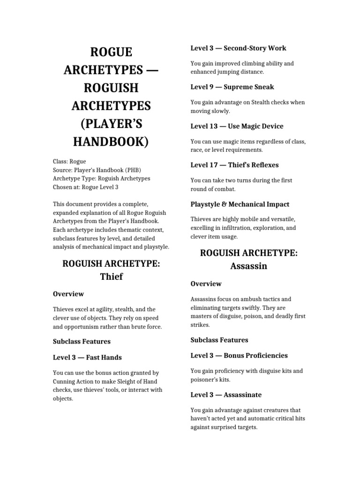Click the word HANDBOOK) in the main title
tap(111, 141)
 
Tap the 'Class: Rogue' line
tap(69, 161)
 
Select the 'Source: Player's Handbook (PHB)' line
tap(97, 170)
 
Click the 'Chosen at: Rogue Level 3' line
tap(86, 187)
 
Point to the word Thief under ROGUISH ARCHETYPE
tap(111, 277)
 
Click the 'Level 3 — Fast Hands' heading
tap(87, 357)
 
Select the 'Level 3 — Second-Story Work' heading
tap(238, 48)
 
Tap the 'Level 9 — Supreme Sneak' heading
tap(232, 87)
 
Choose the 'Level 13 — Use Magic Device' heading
tap(237, 126)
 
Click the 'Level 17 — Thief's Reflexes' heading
tap(234, 165)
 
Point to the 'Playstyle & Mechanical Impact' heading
tap(240, 204)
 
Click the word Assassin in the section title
tap(248, 266)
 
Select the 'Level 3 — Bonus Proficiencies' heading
tap(239, 355)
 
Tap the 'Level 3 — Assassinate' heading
tap(226, 395)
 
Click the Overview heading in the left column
tap(68, 294)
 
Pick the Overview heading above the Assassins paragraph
tap(206, 284)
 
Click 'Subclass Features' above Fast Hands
tap(82, 341)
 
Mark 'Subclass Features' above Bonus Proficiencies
tap(219, 340)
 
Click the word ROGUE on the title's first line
tap(111, 52)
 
